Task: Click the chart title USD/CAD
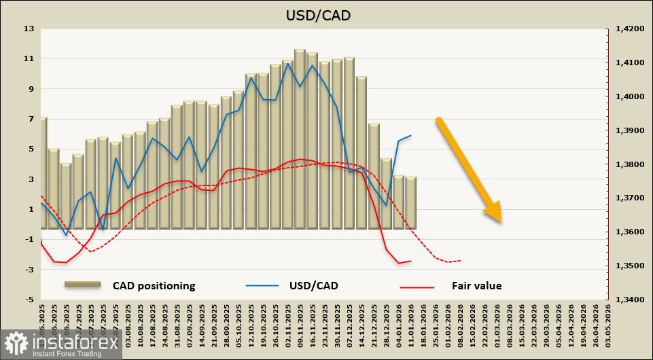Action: click(327, 14)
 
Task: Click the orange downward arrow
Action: click(470, 170)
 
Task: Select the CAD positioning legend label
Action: click(154, 286)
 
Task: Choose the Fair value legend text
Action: click(476, 286)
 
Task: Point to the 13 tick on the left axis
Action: click(29, 29)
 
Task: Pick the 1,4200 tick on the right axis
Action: click(629, 29)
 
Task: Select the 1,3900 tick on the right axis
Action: click(629, 130)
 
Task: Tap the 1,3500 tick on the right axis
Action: click(629, 266)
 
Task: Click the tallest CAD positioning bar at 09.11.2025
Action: click(300, 136)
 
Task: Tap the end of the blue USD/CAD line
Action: click(411, 135)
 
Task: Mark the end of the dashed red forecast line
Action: click(461, 260)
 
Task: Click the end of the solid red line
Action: click(411, 261)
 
